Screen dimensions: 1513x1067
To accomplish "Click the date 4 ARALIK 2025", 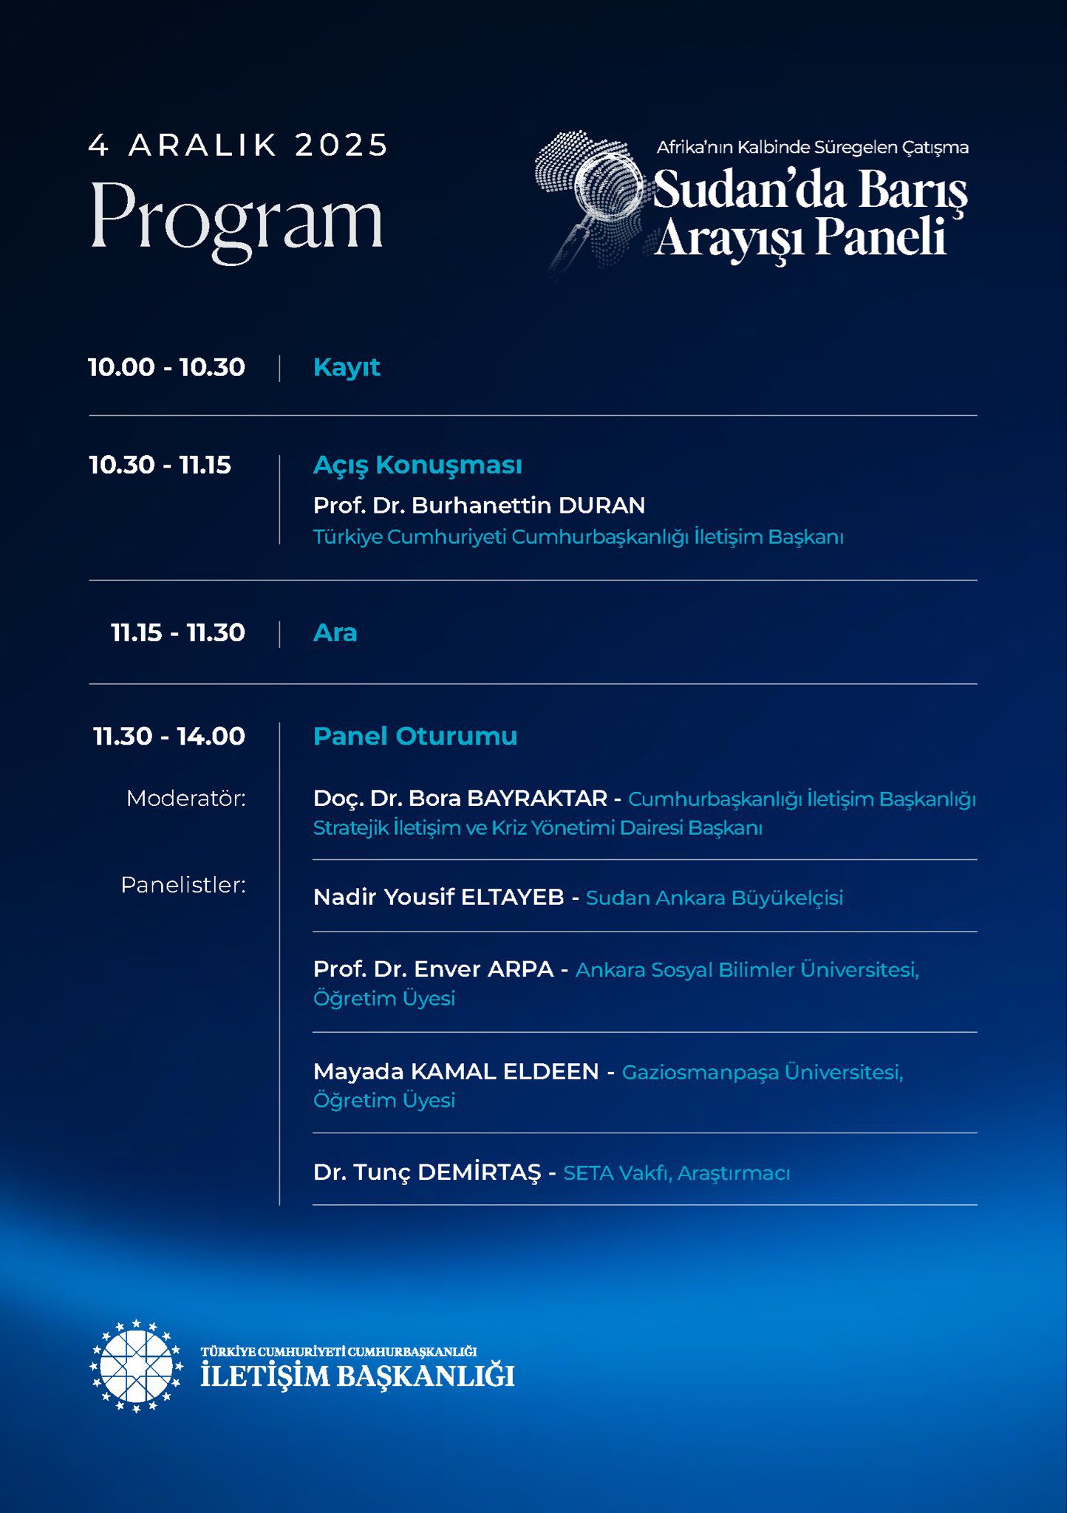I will (x=238, y=146).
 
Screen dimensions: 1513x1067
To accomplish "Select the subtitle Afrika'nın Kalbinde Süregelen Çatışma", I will (x=812, y=147).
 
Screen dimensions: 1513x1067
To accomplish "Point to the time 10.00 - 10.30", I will (x=166, y=367).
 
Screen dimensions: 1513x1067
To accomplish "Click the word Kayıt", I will (x=347, y=367).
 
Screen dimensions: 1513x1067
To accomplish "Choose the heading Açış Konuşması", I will (x=417, y=465).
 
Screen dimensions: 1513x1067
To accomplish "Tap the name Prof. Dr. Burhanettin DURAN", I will (x=479, y=505).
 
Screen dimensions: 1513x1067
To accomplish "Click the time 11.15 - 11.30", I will (x=177, y=632).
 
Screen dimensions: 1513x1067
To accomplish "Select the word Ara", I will (x=335, y=632).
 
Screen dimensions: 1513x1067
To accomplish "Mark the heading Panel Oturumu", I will (x=415, y=736).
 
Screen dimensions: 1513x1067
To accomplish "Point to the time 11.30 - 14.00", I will (x=169, y=736).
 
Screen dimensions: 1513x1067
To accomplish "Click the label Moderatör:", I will (x=185, y=799).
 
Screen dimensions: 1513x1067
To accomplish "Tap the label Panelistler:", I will (x=183, y=885).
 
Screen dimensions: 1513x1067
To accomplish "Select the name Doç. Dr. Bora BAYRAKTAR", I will (x=460, y=799).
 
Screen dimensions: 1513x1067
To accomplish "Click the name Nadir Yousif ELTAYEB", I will (x=438, y=897).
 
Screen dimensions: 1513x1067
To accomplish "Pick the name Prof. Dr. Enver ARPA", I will (x=433, y=969).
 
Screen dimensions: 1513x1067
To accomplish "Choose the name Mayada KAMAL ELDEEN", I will (x=456, y=1071).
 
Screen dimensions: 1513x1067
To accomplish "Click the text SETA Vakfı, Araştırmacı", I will (x=676, y=1173).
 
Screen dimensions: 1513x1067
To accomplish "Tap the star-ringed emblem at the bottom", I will (x=136, y=1367).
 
